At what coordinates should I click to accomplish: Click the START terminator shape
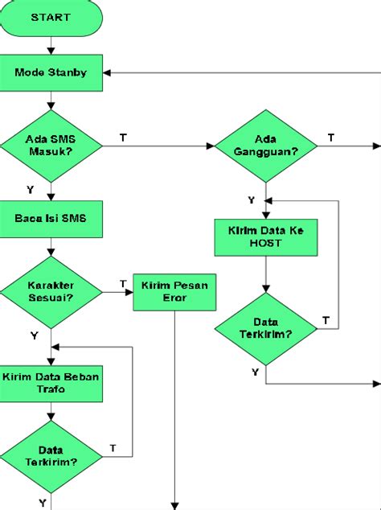[x=51, y=17]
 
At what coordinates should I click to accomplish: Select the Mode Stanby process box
[x=51, y=72]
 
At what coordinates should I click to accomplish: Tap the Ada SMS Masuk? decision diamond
[x=51, y=146]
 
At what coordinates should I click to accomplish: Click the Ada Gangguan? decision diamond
[x=265, y=146]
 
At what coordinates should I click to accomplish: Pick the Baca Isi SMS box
[x=51, y=217]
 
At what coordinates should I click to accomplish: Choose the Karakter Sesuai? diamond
[x=51, y=290]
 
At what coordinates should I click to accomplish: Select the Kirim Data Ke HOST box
[x=265, y=236]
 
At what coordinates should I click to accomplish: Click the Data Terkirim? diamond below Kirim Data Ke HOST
[x=265, y=327]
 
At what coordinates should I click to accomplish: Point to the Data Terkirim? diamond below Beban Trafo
[x=51, y=456]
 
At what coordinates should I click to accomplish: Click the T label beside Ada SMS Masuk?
[x=122, y=138]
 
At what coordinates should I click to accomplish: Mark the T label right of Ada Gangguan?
[x=330, y=138]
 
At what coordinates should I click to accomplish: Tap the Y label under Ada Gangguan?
[x=251, y=199]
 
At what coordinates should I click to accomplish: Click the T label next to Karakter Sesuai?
[x=122, y=283]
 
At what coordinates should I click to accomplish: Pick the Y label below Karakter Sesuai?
[x=33, y=334]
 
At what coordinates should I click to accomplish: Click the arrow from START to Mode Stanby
[x=51, y=44]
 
